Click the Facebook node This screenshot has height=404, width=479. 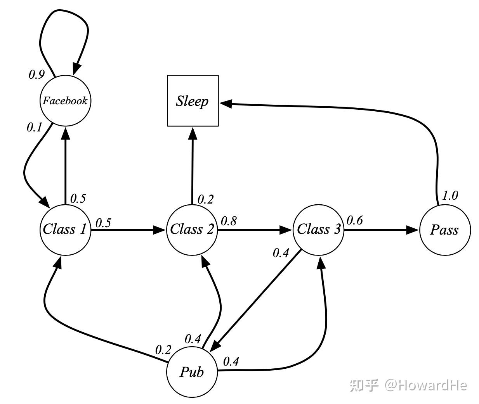tap(65, 101)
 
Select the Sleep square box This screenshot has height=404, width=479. tap(193, 101)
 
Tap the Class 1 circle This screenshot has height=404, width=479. tap(65, 230)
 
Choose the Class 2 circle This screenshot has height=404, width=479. tap(192, 230)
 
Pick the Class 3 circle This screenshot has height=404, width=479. tap(318, 230)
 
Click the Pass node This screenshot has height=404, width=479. tap(444, 230)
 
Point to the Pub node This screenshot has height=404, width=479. tap(192, 372)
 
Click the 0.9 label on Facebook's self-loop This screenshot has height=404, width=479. tap(36, 74)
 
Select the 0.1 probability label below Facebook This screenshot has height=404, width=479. tap(35, 128)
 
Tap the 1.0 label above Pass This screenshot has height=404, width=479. tap(450, 195)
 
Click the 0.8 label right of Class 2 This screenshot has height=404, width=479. tap(229, 221)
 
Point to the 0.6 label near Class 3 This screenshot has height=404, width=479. tap(354, 220)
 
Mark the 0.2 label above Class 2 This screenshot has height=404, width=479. tap(206, 199)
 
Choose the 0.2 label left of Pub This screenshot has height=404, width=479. tap(163, 350)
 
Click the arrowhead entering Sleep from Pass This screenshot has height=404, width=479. tap(226, 104)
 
